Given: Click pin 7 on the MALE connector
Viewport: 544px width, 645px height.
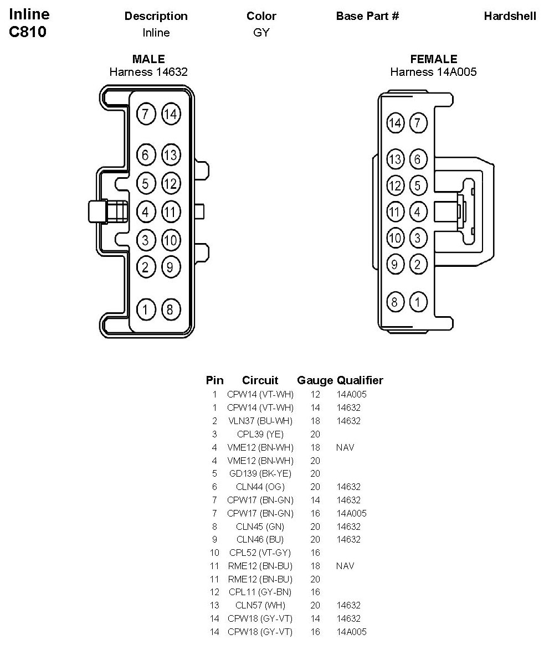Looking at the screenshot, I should tap(145, 114).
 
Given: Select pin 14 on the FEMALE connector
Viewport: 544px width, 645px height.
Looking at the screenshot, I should tap(395, 123).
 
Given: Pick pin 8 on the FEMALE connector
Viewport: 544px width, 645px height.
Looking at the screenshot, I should tap(395, 302).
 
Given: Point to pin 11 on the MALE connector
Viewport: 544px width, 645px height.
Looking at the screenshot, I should tap(171, 211).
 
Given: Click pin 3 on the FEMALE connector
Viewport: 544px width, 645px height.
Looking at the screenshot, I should tap(418, 239).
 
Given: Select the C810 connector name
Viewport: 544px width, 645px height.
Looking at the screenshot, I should tap(28, 32).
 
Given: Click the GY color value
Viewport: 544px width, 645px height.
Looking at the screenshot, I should tap(261, 33).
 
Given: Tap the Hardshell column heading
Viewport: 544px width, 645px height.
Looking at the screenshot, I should tap(510, 16).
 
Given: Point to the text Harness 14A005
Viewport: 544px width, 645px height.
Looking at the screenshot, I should tap(433, 72).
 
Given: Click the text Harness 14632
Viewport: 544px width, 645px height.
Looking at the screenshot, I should tap(148, 72).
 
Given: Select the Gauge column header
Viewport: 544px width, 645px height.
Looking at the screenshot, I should tap(315, 380).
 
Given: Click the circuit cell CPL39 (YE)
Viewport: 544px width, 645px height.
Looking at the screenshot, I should tap(260, 434).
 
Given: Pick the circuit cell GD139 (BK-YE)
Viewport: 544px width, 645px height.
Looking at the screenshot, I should tap(260, 473).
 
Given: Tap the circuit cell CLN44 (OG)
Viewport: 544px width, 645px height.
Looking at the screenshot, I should tap(260, 487).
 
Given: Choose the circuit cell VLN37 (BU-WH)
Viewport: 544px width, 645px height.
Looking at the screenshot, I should tap(260, 421).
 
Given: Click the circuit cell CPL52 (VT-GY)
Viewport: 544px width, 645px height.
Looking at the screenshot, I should tap(260, 553).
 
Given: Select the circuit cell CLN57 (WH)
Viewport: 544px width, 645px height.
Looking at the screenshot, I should tap(260, 605).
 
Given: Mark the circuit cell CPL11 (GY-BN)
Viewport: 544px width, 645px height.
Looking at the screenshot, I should tap(260, 592).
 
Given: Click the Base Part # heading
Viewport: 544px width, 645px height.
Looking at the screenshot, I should tap(367, 16).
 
